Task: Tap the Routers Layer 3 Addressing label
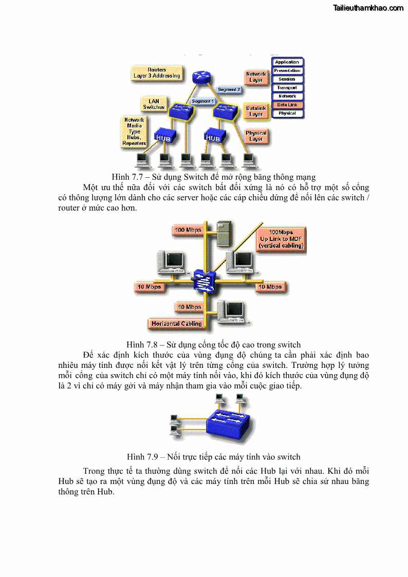coord(157,73)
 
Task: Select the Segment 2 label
coord(229,89)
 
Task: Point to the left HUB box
coord(165,137)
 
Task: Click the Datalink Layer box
coord(256,111)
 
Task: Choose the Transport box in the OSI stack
coord(287,88)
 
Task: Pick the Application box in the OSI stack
coord(287,62)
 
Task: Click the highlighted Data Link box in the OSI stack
coord(287,105)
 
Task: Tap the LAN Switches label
coord(154,104)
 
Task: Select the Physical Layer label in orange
coord(256,136)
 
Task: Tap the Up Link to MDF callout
coord(281,239)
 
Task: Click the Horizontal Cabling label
coord(177,324)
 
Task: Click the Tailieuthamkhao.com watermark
coord(368,8)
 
